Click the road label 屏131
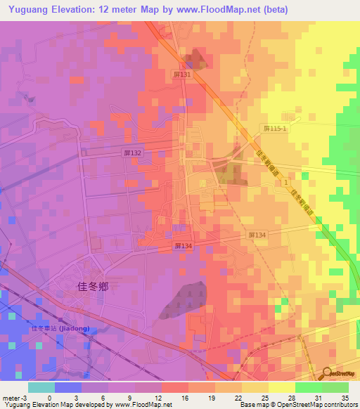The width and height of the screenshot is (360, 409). coord(181,74)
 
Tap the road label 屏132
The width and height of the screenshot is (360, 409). coord(132,152)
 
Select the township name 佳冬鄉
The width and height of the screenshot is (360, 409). coord(93,287)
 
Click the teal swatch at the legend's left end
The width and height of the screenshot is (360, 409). coord(41,387)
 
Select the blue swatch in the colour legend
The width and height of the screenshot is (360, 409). coord(67,387)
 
